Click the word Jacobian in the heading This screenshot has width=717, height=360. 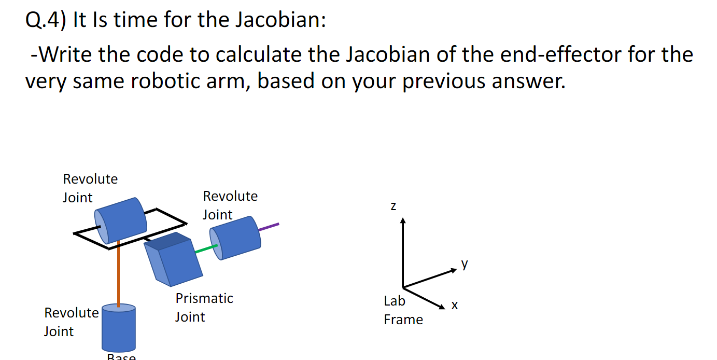click(280, 21)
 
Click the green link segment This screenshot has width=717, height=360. click(206, 250)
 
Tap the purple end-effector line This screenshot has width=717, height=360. click(269, 227)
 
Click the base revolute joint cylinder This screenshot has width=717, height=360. click(119, 329)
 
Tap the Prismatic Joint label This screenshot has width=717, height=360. click(204, 307)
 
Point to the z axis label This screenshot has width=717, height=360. click(393, 206)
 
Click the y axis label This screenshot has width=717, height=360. click(465, 264)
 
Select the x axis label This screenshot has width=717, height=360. click(454, 306)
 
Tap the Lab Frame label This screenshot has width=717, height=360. click(403, 310)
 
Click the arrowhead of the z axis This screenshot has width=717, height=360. click(403, 221)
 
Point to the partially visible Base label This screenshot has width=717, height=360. click(121, 357)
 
